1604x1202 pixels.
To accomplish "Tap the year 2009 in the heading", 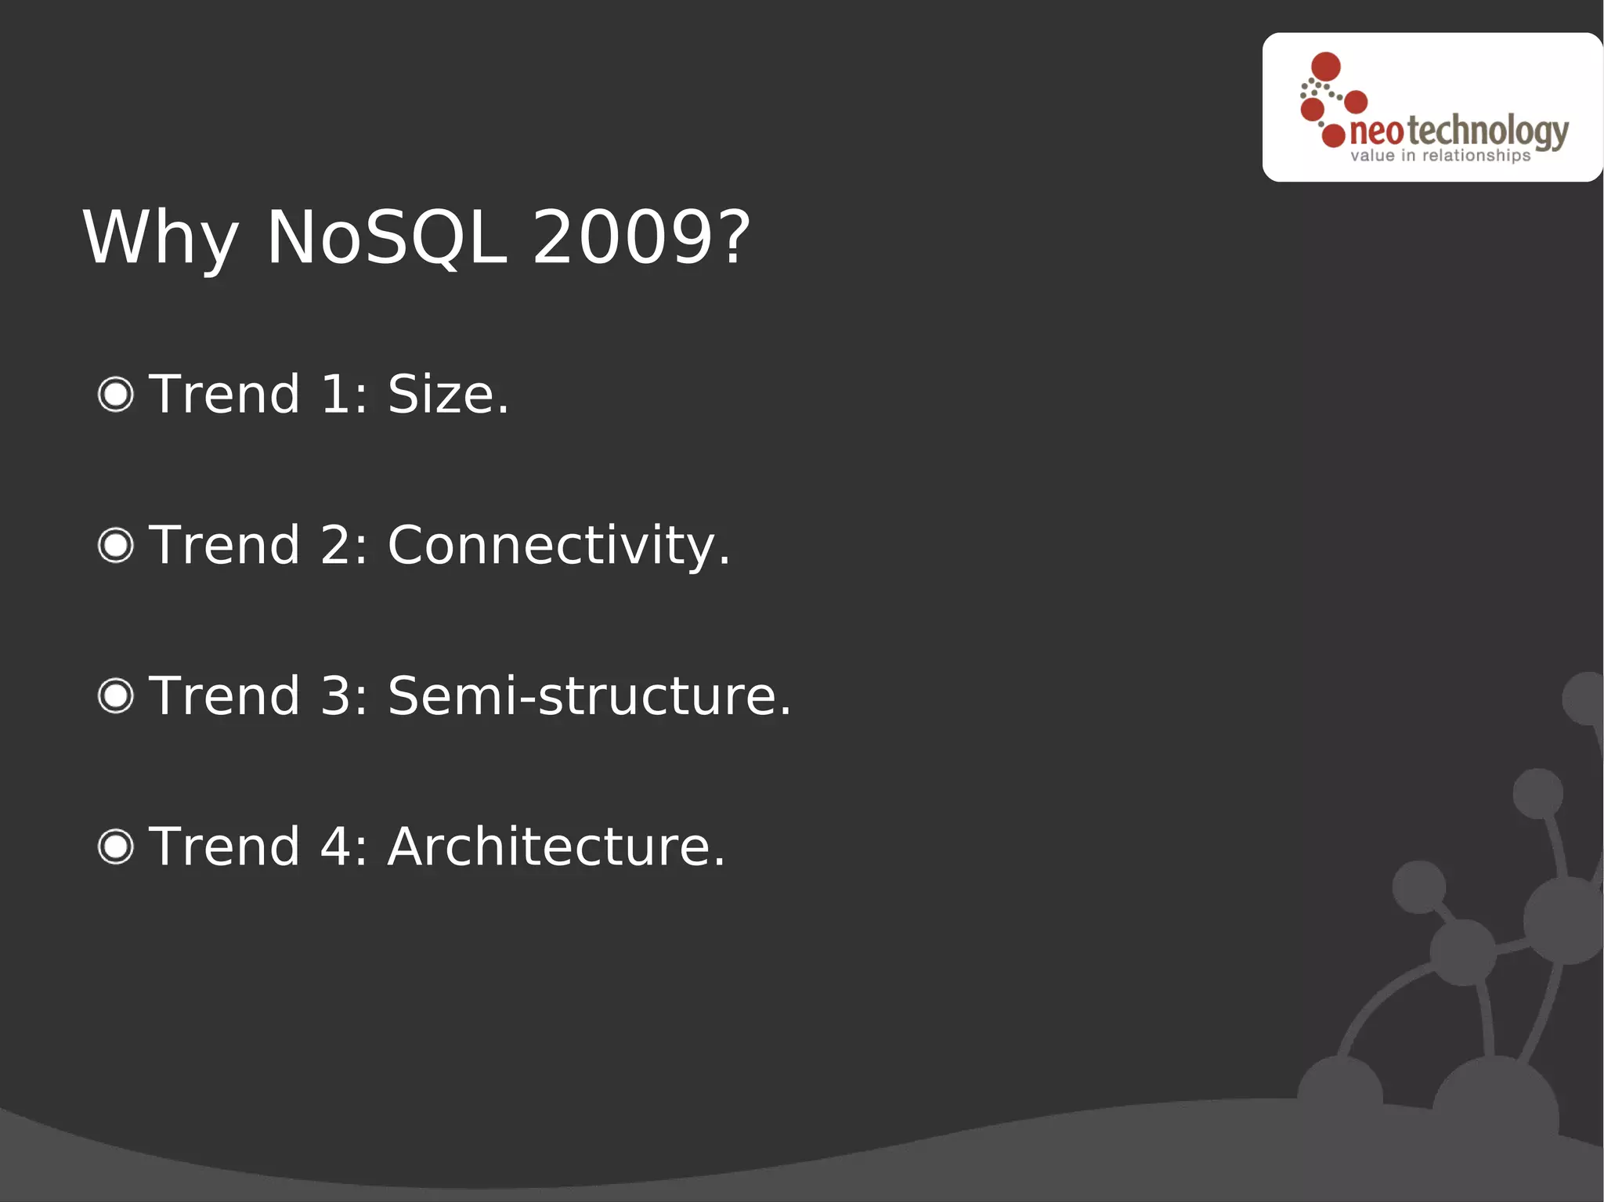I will pyautogui.click(x=621, y=237).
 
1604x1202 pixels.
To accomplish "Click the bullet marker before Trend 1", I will pyautogui.click(x=116, y=394).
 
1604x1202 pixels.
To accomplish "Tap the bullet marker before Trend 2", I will pyautogui.click(x=116, y=545).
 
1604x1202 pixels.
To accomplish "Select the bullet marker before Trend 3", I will pyautogui.click(x=116, y=695).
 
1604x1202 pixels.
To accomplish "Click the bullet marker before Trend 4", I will pyautogui.click(x=116, y=846).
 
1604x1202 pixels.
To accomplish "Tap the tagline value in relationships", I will pyautogui.click(x=1440, y=156).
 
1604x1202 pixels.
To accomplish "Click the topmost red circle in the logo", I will pyautogui.click(x=1326, y=67).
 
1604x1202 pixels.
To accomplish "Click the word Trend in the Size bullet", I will pyautogui.click(x=225, y=394).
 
